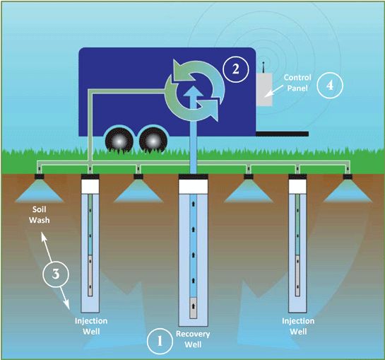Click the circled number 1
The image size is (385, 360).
click(160, 341)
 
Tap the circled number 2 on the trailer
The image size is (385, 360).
click(236, 69)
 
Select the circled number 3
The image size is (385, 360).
click(56, 274)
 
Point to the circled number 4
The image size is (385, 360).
click(330, 86)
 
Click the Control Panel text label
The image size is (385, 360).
click(297, 83)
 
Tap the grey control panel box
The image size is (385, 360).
click(265, 90)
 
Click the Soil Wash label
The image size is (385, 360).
click(40, 215)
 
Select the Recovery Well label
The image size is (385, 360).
click(193, 339)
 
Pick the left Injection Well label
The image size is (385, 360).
click(91, 326)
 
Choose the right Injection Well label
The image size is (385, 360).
click(298, 326)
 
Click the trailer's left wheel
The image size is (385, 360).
click(119, 141)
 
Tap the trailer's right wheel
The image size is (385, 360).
click(153, 141)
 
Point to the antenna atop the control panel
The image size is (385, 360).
click(263, 67)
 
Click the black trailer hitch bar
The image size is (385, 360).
click(282, 134)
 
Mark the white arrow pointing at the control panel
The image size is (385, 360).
click(275, 91)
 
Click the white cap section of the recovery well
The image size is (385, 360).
click(194, 187)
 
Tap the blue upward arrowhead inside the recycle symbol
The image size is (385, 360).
click(194, 91)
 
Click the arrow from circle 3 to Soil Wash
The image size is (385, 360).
click(47, 247)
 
